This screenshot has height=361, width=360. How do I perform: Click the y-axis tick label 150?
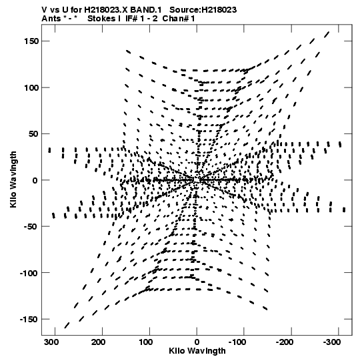pyautogui.click(x=31, y=41)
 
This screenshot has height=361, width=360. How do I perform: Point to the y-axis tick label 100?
pyautogui.click(x=31, y=87)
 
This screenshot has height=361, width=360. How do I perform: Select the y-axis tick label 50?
pyautogui.click(x=33, y=134)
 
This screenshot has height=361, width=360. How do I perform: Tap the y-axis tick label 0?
pyautogui.click(x=35, y=180)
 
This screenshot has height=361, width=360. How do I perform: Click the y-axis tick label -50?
pyautogui.click(x=31, y=227)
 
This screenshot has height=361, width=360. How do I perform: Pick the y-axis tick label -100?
pyautogui.click(x=29, y=274)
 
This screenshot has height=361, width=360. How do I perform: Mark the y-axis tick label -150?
pyautogui.click(x=29, y=320)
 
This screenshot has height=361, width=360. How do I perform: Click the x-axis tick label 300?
pyautogui.click(x=51, y=342)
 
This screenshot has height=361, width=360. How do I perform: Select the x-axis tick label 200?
pyautogui.click(x=99, y=342)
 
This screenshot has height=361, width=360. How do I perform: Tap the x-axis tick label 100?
pyautogui.click(x=145, y=342)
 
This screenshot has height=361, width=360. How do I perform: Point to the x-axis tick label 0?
pyautogui.click(x=197, y=342)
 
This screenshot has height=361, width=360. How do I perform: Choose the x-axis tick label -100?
pyautogui.click(x=237, y=342)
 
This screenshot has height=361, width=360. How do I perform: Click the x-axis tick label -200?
pyautogui.click(x=285, y=342)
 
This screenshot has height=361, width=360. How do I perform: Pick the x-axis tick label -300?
pyautogui.click(x=332, y=342)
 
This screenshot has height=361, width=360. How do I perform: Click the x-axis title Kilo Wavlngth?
pyautogui.click(x=197, y=351)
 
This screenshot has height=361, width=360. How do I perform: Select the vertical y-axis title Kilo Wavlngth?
pyautogui.click(x=13, y=179)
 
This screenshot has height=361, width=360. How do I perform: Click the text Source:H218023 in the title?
pyautogui.click(x=203, y=9)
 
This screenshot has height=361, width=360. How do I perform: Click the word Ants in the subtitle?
pyautogui.click(x=51, y=19)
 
